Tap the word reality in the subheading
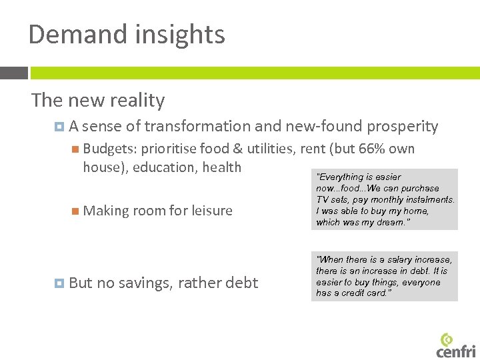[x=139, y=101]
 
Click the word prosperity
[x=403, y=126]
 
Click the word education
[x=164, y=167]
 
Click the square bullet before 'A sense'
[x=59, y=126]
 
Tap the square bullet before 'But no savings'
[x=59, y=283]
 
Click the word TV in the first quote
[x=323, y=199]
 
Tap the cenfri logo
[x=456, y=345]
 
